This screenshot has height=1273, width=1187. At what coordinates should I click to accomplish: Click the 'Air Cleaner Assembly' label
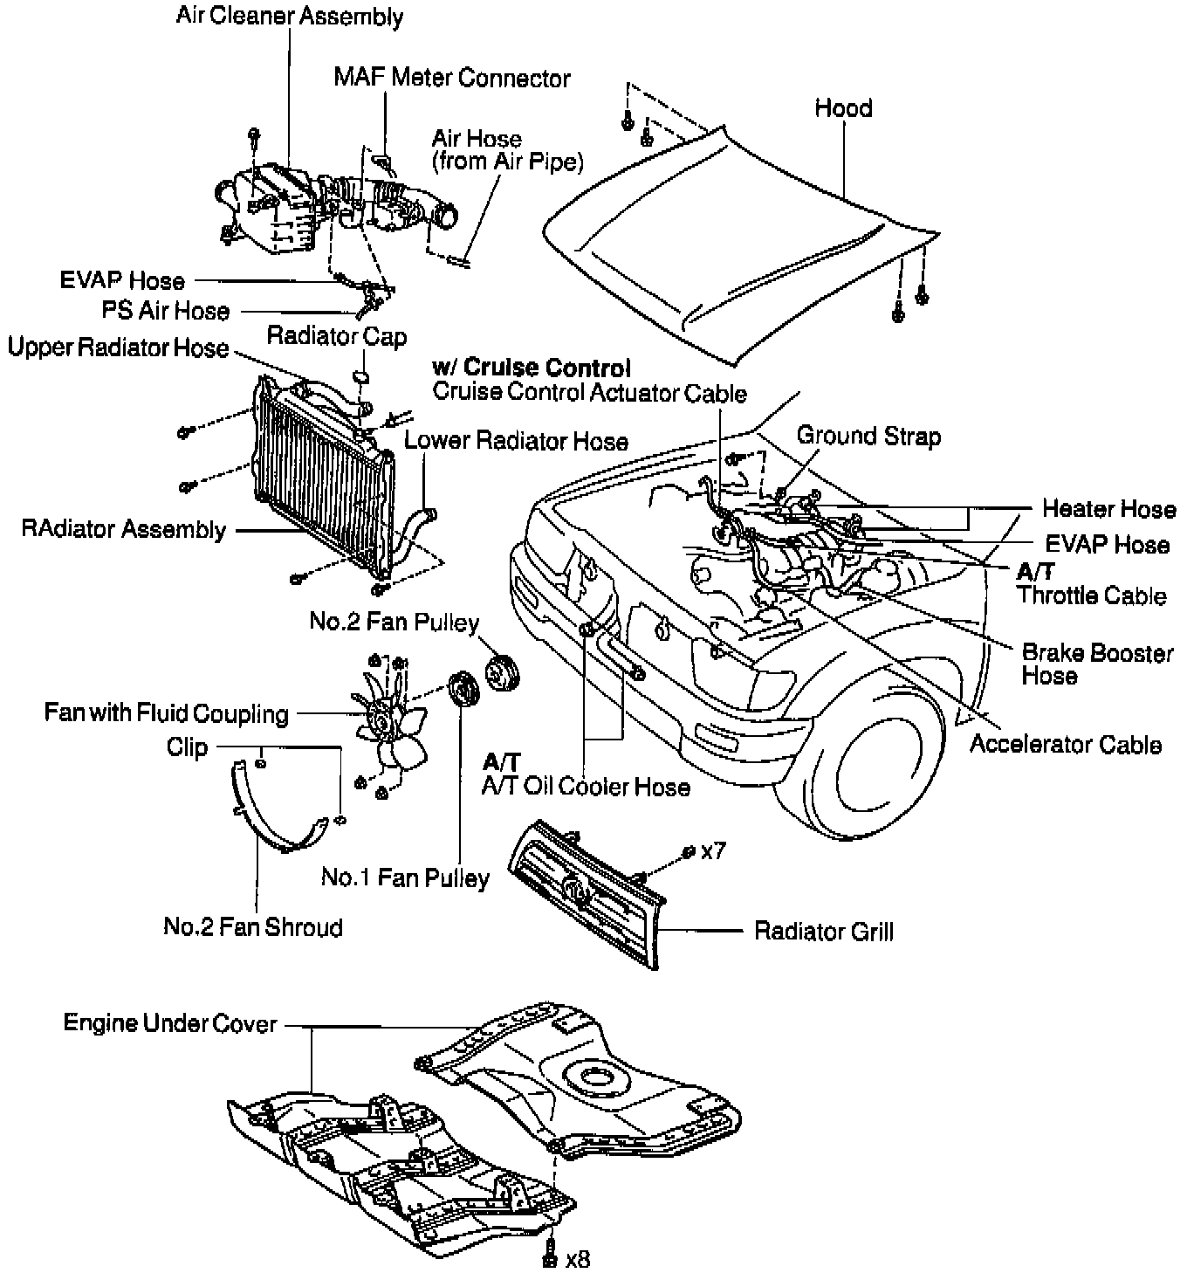coord(290,17)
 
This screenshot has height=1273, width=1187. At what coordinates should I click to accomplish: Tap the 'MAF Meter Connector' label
coord(452,78)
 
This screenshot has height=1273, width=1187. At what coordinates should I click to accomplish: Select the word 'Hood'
coord(843,108)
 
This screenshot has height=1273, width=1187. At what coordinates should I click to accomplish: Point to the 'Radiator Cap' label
coord(337,336)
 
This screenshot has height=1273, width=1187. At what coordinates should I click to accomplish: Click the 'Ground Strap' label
coord(868,436)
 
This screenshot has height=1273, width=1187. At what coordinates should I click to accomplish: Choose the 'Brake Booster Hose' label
coord(1097,664)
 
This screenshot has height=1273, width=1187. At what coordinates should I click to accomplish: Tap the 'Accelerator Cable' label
coord(1066,745)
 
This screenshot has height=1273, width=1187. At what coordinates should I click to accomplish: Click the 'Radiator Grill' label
coord(823,932)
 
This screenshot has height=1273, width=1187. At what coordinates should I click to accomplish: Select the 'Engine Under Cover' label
coord(170,1023)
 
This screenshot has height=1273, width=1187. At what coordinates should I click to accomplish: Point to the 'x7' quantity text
coord(713,850)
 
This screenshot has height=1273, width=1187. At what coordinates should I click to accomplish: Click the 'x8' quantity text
coord(578,1259)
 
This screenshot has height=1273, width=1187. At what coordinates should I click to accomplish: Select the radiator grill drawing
coord(587,891)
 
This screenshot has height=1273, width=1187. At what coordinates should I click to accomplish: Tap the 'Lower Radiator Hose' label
coord(516,441)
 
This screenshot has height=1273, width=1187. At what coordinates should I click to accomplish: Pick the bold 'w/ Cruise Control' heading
coord(531,368)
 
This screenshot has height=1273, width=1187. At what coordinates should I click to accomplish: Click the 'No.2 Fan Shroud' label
coord(253,926)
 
